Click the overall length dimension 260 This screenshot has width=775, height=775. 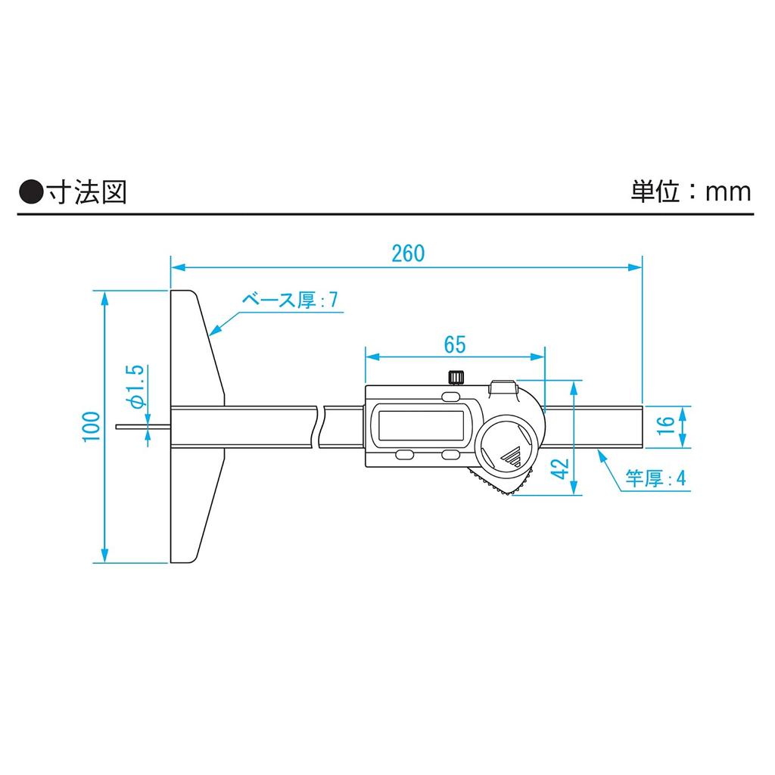(x=408, y=254)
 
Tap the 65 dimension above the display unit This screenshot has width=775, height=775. (x=454, y=344)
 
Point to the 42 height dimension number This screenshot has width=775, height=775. (x=559, y=468)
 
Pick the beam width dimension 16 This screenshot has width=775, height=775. (x=665, y=425)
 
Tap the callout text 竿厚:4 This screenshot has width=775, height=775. (x=655, y=478)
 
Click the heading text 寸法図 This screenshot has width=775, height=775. (x=85, y=192)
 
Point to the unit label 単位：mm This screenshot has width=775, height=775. (x=691, y=191)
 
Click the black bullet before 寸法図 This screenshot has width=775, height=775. (x=30, y=193)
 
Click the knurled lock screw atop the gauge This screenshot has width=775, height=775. (x=456, y=377)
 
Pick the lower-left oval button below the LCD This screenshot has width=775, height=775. (x=403, y=454)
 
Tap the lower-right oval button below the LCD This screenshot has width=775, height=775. (x=451, y=454)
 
